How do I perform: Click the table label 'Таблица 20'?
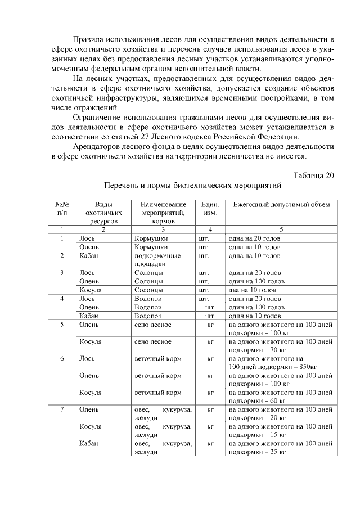coord(314,175)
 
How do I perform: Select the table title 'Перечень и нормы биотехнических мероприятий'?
coord(192,185)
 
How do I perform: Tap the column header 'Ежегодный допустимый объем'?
coord(282,204)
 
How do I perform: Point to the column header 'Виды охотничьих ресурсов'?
coord(103,213)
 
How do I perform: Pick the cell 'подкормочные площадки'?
coord(157,259)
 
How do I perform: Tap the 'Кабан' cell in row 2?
coord(89,255)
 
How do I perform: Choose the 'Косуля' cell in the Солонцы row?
coord(91,290)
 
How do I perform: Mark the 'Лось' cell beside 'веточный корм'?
coord(88,358)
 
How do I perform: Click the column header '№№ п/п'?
coord(62,209)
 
